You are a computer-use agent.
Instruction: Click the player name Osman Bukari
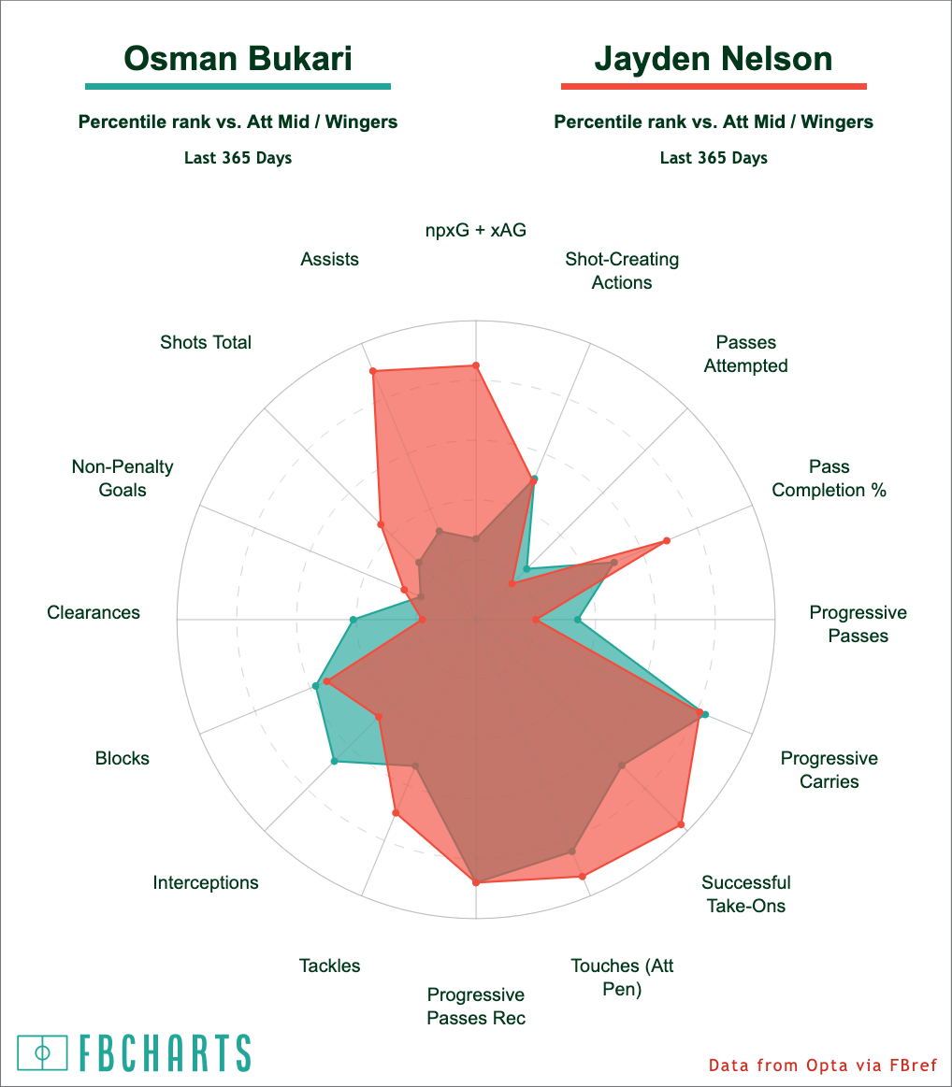238,59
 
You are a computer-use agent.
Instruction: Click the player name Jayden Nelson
714,59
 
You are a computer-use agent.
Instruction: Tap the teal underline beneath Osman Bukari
238,87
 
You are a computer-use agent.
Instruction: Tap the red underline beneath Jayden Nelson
714,87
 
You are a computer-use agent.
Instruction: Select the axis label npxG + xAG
476,230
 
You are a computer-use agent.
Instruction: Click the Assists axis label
329,259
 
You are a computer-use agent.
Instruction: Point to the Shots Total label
206,342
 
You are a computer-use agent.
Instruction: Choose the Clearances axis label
94,612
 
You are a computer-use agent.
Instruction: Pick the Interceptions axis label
206,882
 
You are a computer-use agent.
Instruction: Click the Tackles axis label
329,965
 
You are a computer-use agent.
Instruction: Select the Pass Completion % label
829,479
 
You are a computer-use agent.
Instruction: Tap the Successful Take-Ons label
745,894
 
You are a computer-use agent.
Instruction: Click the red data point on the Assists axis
373,372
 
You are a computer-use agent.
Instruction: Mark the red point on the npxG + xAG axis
476,365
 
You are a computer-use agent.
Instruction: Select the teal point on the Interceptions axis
335,762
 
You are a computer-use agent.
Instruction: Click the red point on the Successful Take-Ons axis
681,824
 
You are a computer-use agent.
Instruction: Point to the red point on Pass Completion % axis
667,540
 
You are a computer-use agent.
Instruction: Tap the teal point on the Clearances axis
353,620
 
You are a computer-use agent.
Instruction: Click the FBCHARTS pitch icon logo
42,1052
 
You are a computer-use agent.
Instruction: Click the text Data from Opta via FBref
822,1066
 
